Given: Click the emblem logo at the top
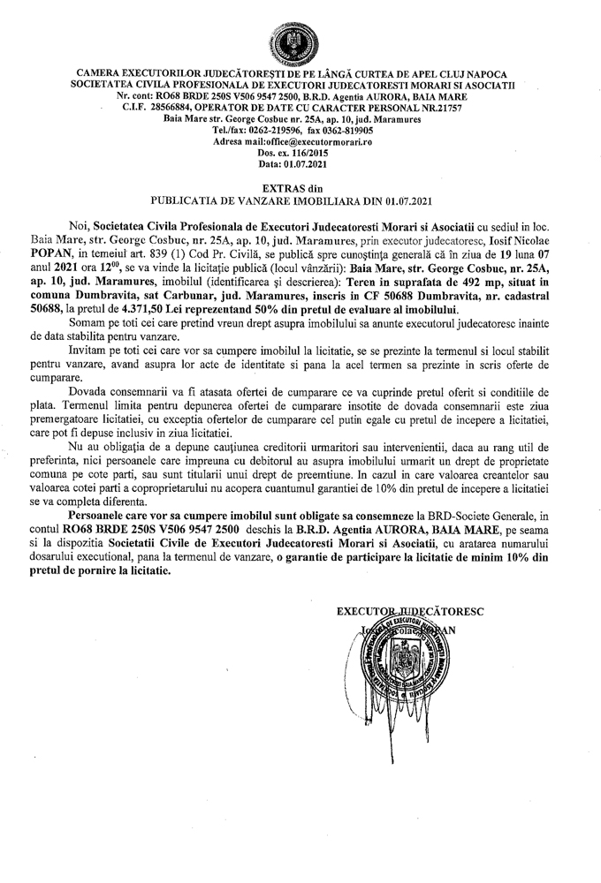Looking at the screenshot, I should click(300, 40).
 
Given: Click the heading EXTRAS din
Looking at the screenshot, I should click(300, 189).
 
